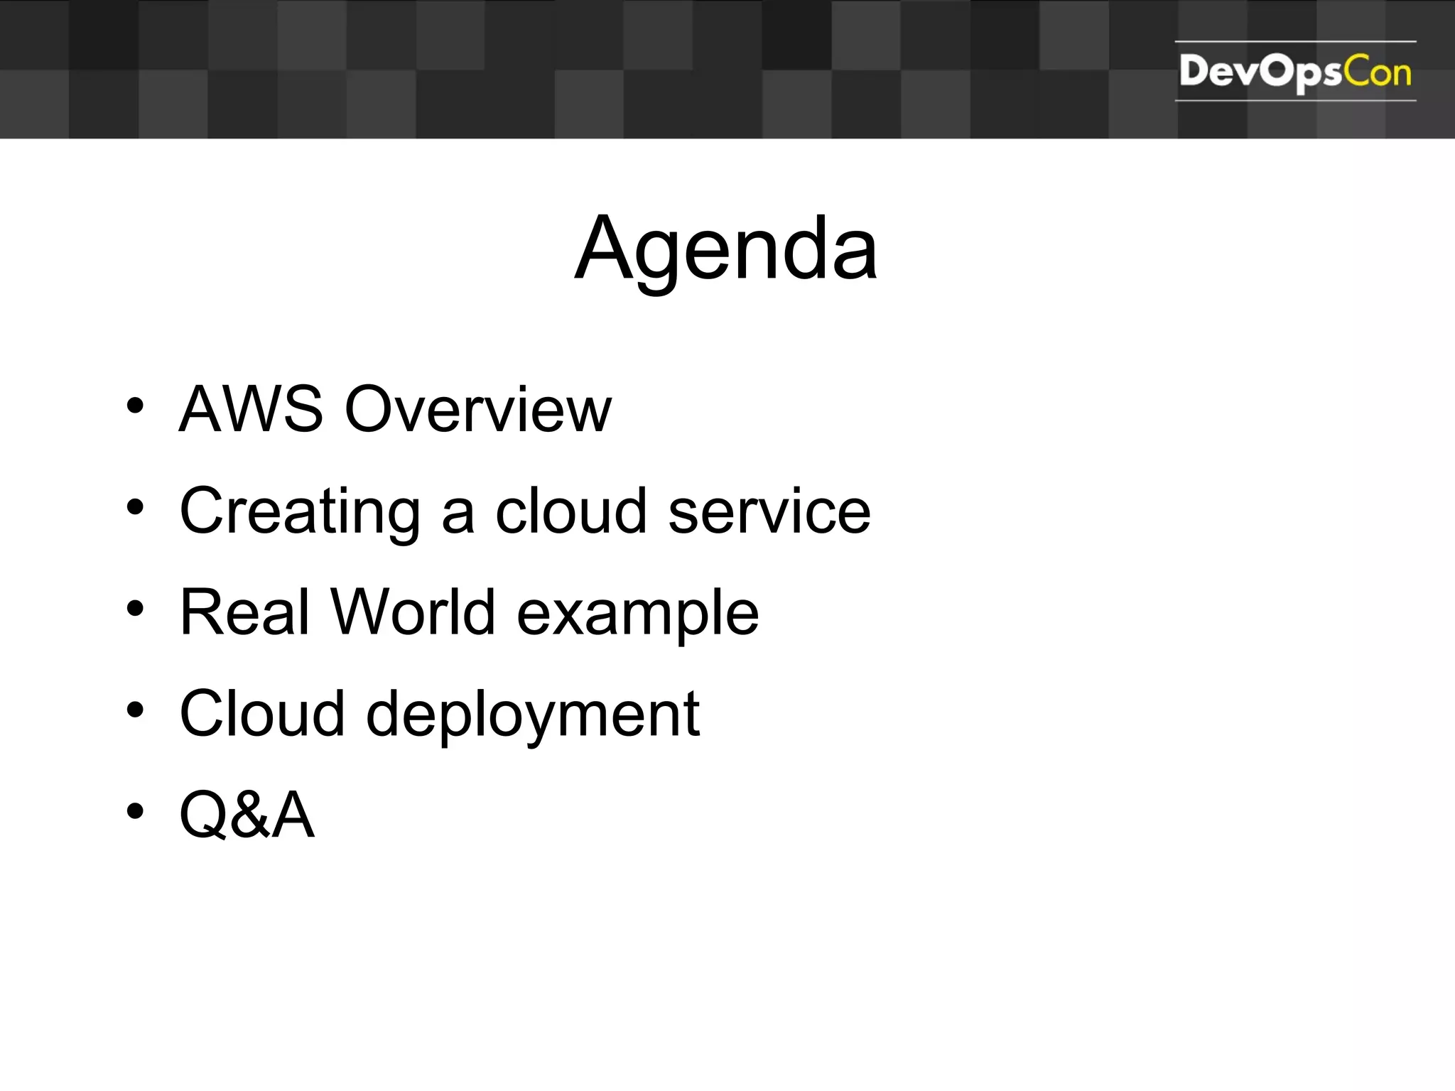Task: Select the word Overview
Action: (x=477, y=409)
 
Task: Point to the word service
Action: (x=769, y=511)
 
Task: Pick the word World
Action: (x=413, y=612)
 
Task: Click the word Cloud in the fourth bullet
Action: (x=261, y=714)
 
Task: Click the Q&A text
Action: (x=247, y=815)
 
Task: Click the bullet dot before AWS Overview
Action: (x=135, y=406)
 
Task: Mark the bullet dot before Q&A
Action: (x=135, y=811)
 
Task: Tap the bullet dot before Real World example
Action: (x=135, y=609)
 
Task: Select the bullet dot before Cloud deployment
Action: (x=135, y=710)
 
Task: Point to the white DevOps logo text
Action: (x=1260, y=72)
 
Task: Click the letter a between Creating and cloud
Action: (x=458, y=514)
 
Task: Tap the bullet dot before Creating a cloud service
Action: (x=135, y=507)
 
